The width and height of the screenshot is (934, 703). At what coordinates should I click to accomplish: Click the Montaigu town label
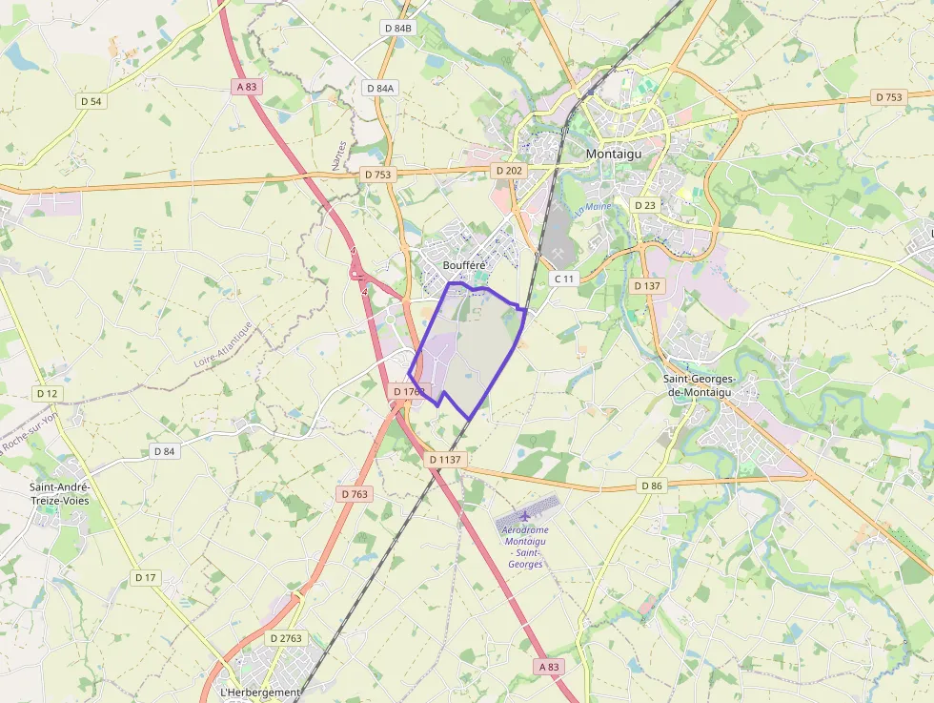[x=614, y=153]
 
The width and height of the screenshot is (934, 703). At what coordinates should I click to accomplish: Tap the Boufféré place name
[x=464, y=265]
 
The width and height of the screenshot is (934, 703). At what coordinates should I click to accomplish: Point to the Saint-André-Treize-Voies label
[x=60, y=493]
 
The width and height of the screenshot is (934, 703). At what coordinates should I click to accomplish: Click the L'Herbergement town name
[x=260, y=692]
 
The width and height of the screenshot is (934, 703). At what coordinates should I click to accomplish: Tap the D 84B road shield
[x=397, y=29]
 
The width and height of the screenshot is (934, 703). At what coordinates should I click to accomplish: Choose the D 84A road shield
[x=379, y=88]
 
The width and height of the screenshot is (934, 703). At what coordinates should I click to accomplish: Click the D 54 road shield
[x=91, y=100]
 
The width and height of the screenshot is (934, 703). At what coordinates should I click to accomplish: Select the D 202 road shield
[x=509, y=170]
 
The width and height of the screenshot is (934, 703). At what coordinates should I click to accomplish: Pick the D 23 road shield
[x=645, y=205]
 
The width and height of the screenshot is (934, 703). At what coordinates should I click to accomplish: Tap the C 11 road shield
[x=564, y=279]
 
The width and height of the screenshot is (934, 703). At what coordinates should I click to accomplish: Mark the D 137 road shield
[x=646, y=286]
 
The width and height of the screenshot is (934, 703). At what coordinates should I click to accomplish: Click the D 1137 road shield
[x=445, y=459]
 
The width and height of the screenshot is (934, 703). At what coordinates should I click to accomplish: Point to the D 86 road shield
[x=651, y=486]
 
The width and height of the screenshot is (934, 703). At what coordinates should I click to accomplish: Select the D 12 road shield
[x=47, y=393]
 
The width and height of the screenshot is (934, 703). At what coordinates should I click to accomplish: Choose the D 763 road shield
[x=354, y=493]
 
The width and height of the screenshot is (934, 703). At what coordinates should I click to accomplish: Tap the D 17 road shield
[x=145, y=577]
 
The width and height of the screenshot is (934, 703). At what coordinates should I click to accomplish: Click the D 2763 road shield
[x=286, y=637]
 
